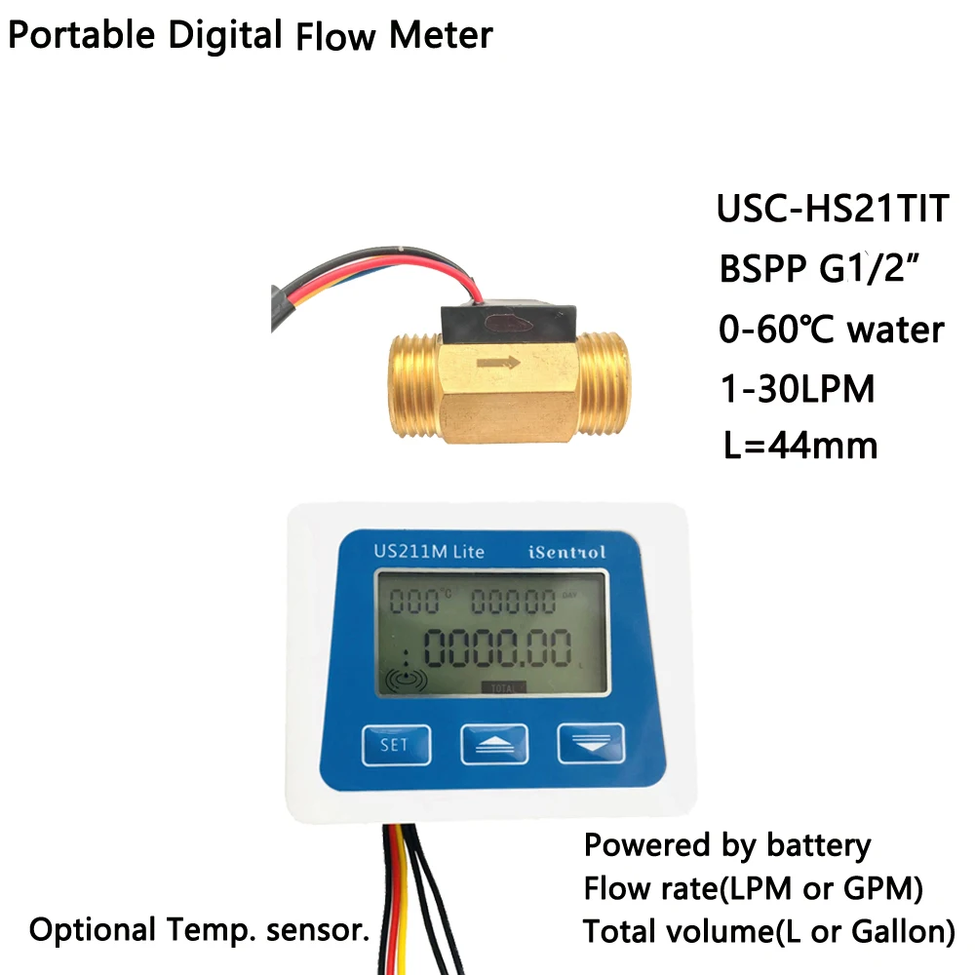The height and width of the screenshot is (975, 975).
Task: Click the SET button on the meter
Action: (394, 745)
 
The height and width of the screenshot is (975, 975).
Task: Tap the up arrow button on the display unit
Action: (494, 745)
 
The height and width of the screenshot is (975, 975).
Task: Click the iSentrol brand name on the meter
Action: (566, 552)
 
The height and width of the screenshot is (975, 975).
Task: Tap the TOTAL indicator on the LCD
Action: (503, 686)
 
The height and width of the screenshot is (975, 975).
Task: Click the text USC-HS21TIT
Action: (832, 211)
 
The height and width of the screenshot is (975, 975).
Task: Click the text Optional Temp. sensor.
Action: (200, 929)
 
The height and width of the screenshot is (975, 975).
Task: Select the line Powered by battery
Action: (726, 845)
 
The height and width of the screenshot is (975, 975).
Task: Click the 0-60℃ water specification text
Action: (830, 330)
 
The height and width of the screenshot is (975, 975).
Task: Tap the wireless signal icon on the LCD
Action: (408, 680)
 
